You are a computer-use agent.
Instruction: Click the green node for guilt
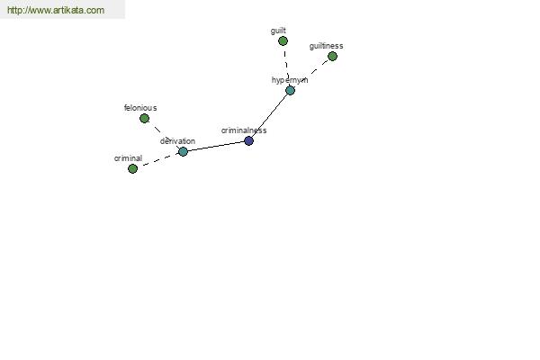(x=283, y=41)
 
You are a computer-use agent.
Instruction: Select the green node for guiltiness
(x=332, y=56)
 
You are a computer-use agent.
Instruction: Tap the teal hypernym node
(x=291, y=91)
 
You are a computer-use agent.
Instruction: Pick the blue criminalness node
(x=248, y=140)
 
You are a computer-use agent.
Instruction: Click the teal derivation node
(x=183, y=151)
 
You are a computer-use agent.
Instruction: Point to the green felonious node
(x=144, y=119)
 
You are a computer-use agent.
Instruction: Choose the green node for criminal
(x=132, y=169)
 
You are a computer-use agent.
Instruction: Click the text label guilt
(x=278, y=31)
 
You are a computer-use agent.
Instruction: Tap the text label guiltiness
(x=326, y=46)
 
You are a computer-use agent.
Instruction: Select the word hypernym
(x=290, y=80)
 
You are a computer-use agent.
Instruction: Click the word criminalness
(x=244, y=130)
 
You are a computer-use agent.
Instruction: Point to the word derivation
(x=177, y=141)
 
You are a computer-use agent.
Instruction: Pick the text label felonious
(x=140, y=108)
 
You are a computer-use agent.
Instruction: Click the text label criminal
(x=128, y=158)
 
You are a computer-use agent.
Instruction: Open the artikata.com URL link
(x=56, y=10)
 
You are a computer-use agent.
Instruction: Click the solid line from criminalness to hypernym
(x=270, y=115)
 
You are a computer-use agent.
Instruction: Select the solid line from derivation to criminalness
(x=216, y=146)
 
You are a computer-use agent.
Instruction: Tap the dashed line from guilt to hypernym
(x=286, y=66)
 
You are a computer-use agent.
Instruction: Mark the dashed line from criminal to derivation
(x=157, y=160)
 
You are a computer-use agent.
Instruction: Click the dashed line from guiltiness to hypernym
(x=311, y=74)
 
